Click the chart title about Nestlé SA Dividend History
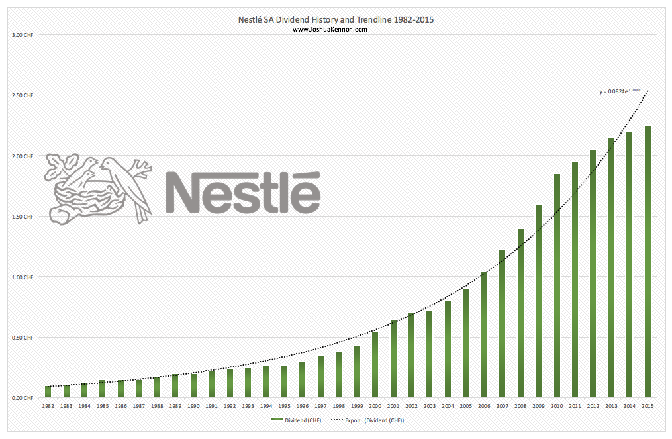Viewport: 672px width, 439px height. click(336, 20)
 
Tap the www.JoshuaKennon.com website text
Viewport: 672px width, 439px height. click(329, 29)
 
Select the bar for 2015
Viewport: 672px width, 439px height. click(648, 262)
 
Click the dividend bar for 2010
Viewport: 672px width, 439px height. click(557, 286)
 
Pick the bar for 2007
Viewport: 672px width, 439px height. click(503, 324)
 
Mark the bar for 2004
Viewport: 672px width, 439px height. click(448, 349)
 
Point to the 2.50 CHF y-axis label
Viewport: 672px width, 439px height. click(23, 95)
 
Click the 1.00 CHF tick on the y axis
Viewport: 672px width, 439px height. click(23, 277)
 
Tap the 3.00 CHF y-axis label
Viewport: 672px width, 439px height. click(23, 34)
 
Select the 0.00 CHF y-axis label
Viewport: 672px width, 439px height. click(23, 398)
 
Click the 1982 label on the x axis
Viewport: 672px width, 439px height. click(48, 406)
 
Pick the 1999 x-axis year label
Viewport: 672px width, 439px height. click(357, 406)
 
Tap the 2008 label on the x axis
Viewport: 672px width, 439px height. click(520, 406)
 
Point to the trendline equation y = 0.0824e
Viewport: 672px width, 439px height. click(620, 91)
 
